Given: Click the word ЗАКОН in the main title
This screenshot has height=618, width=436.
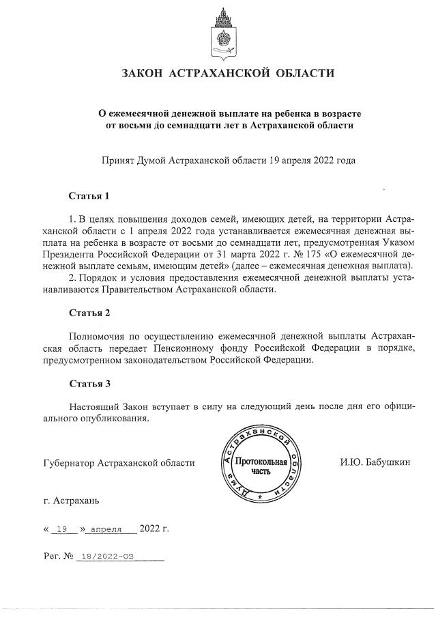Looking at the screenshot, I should click(x=142, y=73).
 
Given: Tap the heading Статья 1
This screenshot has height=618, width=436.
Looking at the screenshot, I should click(x=89, y=197).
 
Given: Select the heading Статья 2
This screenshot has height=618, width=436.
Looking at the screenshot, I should click(x=89, y=313).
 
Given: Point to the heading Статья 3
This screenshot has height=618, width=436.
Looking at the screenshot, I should click(x=89, y=384).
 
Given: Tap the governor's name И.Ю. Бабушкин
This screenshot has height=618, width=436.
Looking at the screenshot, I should click(x=375, y=463).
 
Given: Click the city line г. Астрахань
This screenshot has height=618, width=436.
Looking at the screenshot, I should click(x=71, y=501).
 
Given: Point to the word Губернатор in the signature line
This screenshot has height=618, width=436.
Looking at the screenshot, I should click(x=68, y=463).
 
